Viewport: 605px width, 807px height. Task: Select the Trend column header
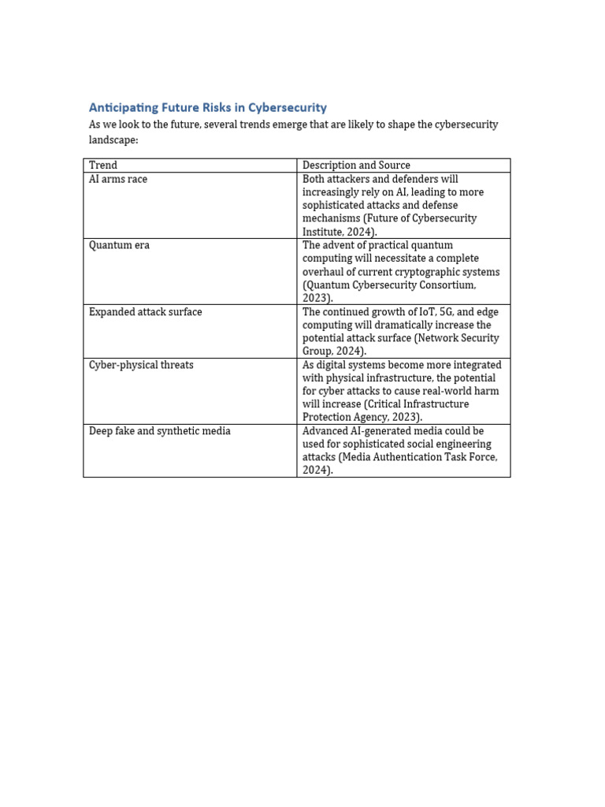[x=103, y=165]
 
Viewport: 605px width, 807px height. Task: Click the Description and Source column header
[x=356, y=165]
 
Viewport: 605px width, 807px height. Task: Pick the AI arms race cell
[x=118, y=179]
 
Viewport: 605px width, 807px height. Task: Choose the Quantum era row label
[x=119, y=245]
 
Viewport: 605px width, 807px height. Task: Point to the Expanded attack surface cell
[x=145, y=312]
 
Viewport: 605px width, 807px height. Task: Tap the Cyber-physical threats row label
[x=141, y=365]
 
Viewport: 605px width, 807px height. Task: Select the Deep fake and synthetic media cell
[x=159, y=431]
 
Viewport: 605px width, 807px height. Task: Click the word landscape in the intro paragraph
[x=113, y=139]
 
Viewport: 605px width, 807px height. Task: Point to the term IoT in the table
[x=426, y=312]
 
